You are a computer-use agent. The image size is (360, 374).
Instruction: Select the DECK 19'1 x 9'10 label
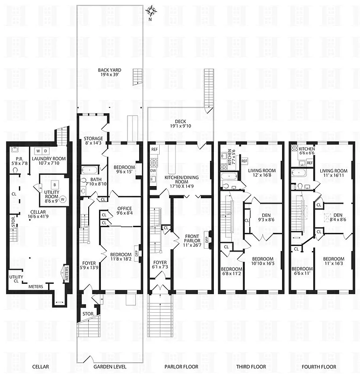(x=181, y=123)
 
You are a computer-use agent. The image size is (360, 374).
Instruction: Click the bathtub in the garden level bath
(x=90, y=170)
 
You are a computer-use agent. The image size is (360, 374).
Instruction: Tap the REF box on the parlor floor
(x=155, y=148)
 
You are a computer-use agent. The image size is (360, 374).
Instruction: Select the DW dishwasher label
(x=153, y=171)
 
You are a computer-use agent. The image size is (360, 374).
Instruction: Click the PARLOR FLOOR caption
(x=180, y=367)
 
